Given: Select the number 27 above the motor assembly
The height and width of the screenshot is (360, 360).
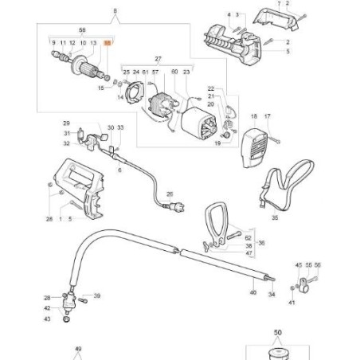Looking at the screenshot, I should [x=157, y=60].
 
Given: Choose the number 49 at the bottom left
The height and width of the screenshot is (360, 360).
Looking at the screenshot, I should [x=78, y=349].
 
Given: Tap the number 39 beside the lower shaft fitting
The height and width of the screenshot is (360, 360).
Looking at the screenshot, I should [x=96, y=295].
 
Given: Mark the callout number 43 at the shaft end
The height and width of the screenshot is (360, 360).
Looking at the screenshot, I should [x=47, y=319].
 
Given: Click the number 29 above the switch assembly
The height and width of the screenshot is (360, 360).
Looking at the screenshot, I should [x=67, y=123].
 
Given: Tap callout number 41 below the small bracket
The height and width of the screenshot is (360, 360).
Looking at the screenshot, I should [x=292, y=302].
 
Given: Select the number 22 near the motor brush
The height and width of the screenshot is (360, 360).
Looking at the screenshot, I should [x=211, y=88].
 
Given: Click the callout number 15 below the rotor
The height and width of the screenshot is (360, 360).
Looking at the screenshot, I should [x=100, y=88].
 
